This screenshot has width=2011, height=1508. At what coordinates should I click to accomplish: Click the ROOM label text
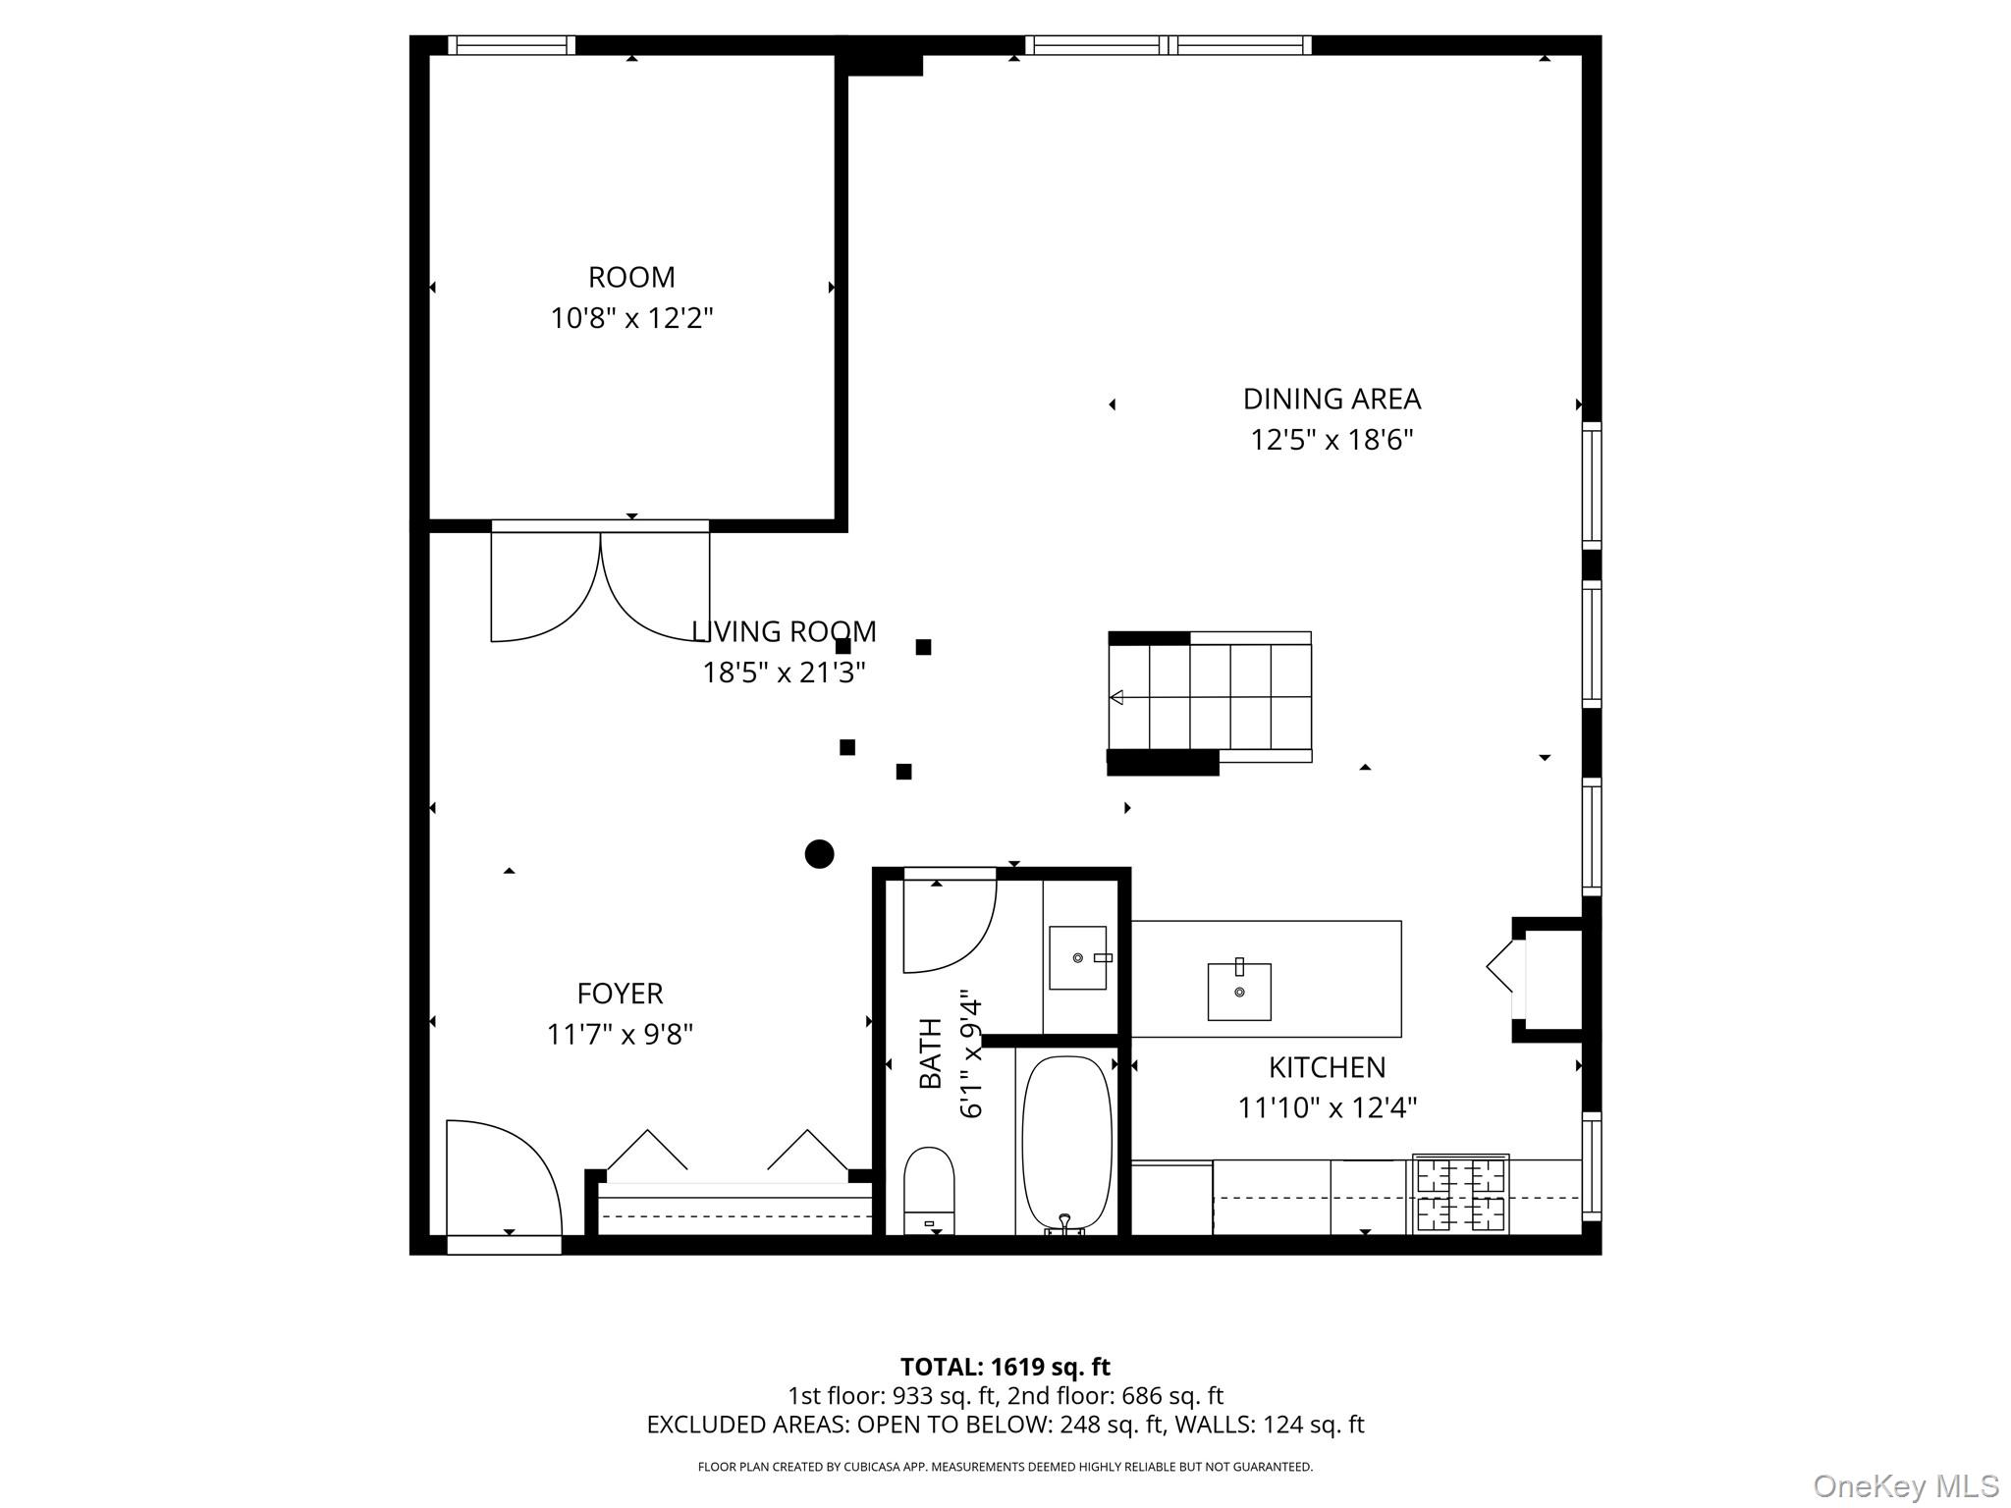click(631, 278)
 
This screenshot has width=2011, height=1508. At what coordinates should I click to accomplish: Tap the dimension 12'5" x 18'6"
click(1331, 440)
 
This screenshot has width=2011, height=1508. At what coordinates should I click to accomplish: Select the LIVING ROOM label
click(784, 631)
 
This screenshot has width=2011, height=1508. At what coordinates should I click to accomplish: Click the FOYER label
click(620, 994)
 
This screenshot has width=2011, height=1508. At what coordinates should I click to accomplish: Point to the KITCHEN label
click(1327, 1067)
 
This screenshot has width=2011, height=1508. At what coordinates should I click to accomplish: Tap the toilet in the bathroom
click(928, 1189)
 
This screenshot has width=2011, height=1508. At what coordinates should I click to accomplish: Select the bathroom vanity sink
click(1077, 957)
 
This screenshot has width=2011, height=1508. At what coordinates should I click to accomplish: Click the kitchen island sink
click(1238, 991)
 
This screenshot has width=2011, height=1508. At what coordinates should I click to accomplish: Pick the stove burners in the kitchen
click(1460, 1194)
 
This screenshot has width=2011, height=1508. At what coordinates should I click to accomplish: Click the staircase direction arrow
click(1116, 697)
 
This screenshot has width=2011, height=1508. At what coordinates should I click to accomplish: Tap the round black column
click(819, 854)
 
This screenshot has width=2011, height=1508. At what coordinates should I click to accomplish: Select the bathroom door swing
click(949, 923)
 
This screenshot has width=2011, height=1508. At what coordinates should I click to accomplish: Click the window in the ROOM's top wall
click(512, 45)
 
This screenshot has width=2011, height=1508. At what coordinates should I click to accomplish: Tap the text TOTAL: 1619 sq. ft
click(1005, 1367)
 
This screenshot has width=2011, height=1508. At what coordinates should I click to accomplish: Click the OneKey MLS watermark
click(1905, 1485)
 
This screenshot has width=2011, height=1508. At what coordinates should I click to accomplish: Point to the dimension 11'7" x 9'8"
click(620, 1035)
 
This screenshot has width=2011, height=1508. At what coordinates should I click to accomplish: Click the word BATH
click(930, 1053)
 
